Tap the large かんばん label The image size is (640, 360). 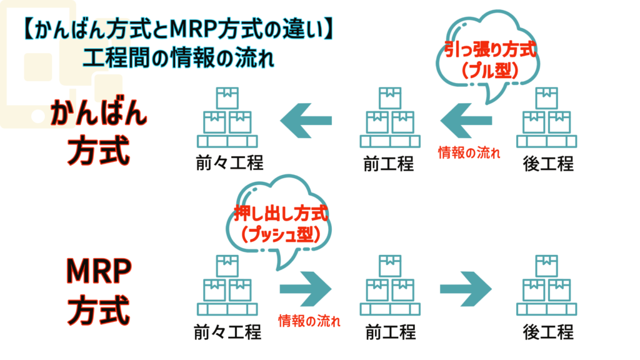[99, 114]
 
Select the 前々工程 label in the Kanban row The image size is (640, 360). [227, 163]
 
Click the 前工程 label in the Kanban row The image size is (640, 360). [388, 164]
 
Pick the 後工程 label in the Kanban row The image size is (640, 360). [548, 164]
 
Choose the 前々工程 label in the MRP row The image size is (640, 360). [227, 331]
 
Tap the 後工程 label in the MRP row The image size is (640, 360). [548, 331]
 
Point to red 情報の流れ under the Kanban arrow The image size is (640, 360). [468, 152]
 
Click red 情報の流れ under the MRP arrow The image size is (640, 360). [309, 322]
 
